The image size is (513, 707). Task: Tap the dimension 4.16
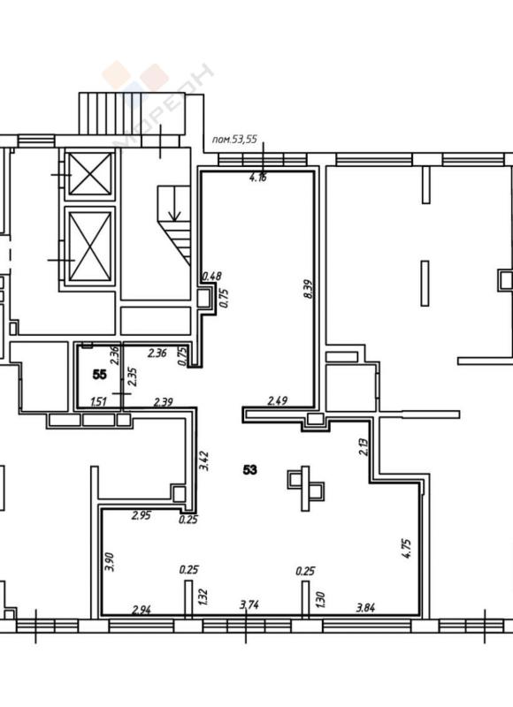coord(257,178)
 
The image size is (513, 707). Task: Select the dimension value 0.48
coord(211,276)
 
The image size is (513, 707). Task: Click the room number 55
coord(100,375)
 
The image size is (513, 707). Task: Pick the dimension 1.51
coord(100,403)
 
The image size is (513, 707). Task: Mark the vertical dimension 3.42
coord(205,460)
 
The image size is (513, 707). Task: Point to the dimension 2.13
coord(363,447)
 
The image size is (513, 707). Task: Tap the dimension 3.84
coord(365,609)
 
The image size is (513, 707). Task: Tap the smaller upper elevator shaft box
coord(90,174)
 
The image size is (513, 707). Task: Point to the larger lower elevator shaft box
coord(90,247)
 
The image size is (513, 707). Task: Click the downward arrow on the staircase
coord(174,210)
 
